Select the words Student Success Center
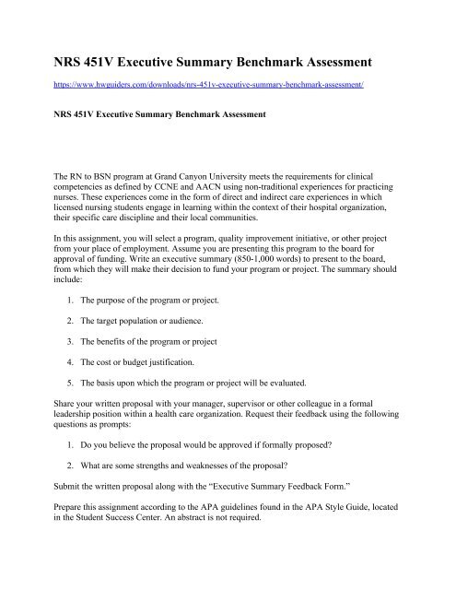tap(131, 578)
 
